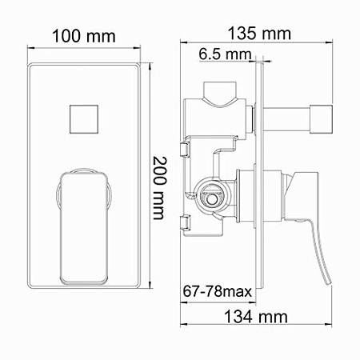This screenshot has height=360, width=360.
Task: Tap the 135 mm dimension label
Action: (258, 34)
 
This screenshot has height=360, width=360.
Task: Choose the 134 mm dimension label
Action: (257, 317)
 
